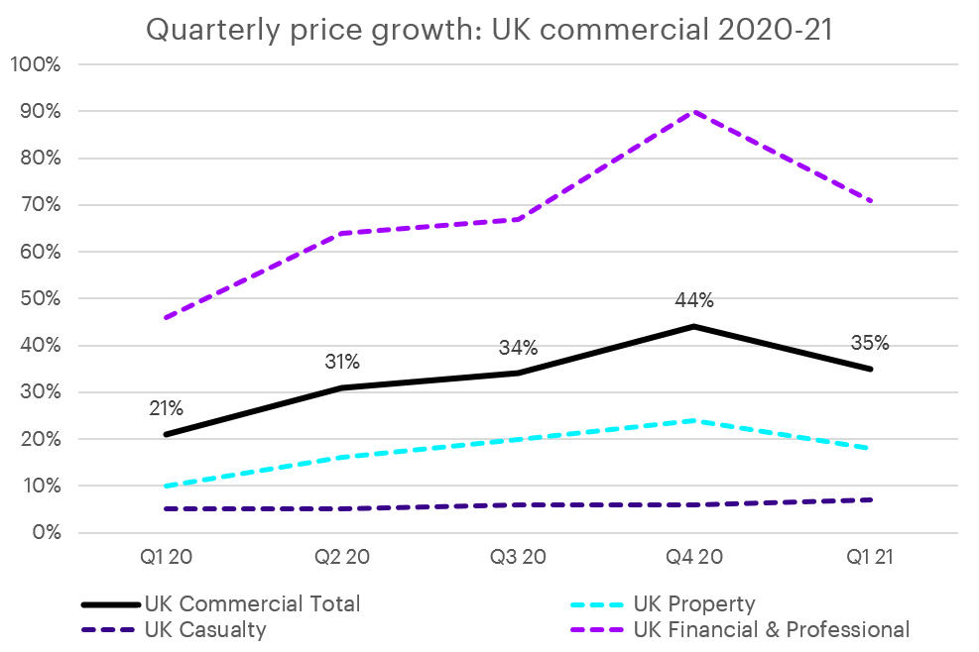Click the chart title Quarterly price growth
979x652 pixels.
click(x=489, y=29)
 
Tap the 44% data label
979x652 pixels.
click(x=694, y=300)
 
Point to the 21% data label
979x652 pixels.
click(x=166, y=408)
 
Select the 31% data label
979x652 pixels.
click(x=343, y=363)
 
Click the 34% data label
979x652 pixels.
click(x=518, y=348)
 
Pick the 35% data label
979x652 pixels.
click(x=870, y=344)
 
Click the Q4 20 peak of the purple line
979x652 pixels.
click(x=694, y=111)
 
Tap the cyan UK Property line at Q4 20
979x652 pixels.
click(x=694, y=420)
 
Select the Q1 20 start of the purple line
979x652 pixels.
click(x=166, y=317)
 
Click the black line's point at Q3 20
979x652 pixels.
click(x=518, y=374)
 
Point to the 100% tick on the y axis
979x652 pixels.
click(x=36, y=65)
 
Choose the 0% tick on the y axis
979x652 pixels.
click(x=45, y=533)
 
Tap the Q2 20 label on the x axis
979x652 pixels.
click(x=343, y=558)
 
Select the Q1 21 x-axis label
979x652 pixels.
click(x=870, y=558)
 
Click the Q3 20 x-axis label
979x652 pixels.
click(x=518, y=558)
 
